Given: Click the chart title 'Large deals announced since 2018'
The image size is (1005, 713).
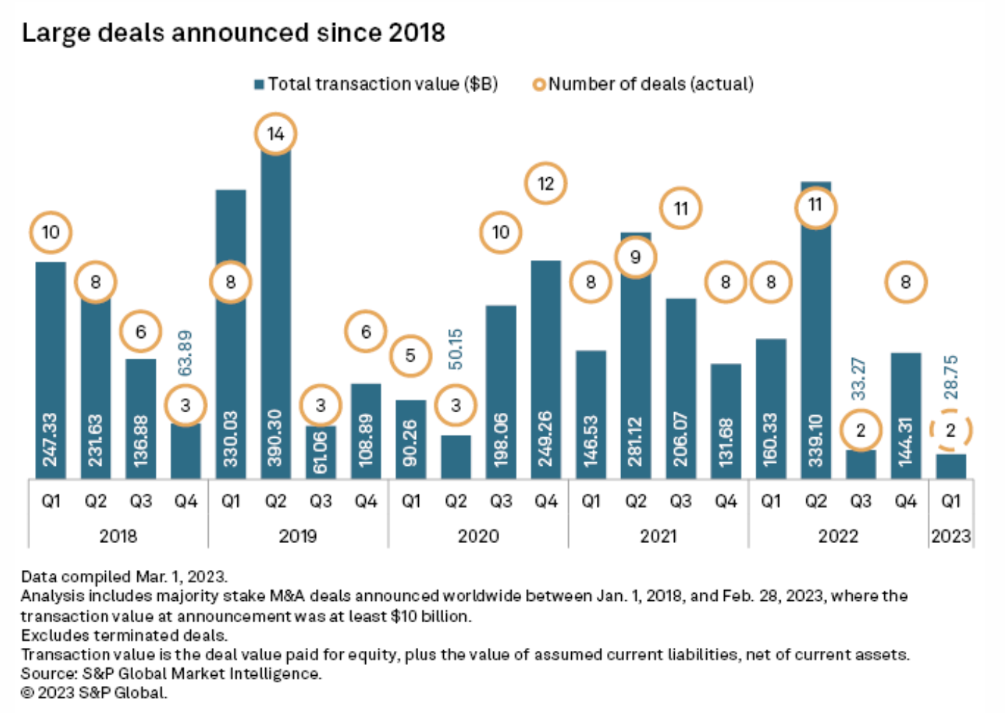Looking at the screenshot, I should (x=233, y=33).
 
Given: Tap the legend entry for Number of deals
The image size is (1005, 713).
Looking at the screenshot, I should (x=643, y=84).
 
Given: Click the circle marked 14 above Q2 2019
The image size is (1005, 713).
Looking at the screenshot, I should (x=275, y=134).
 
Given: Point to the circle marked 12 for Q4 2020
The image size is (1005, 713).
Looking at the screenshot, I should (x=545, y=184).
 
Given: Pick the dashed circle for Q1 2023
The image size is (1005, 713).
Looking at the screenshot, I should (x=950, y=430).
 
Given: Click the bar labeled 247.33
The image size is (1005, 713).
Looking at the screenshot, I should (x=50, y=372).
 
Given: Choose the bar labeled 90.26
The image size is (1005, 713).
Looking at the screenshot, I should (x=410, y=439).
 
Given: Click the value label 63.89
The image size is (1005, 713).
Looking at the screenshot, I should (x=185, y=353).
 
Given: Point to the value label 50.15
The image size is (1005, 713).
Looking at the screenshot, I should (x=455, y=349).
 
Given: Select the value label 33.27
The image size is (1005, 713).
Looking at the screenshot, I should (x=860, y=378).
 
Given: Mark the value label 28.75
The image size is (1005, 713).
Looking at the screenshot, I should (x=951, y=377).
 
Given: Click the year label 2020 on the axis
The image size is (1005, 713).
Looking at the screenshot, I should (x=478, y=536).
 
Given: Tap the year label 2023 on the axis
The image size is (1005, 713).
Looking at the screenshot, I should (x=950, y=536).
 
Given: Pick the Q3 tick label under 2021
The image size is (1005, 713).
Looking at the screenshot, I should (x=680, y=502).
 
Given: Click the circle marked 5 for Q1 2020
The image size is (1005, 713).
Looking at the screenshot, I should (x=410, y=355).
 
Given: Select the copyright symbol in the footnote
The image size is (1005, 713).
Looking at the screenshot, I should (x=27, y=693).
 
